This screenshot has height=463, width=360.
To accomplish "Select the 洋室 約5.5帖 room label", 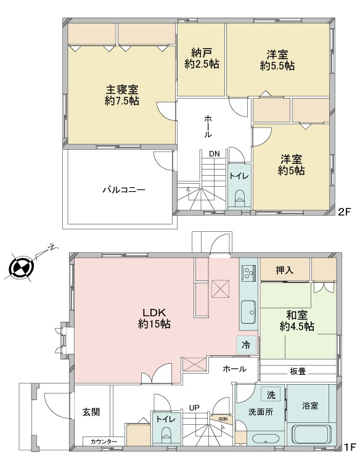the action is (x=277, y=60).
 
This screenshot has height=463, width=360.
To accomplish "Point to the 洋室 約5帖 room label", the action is (x=291, y=165).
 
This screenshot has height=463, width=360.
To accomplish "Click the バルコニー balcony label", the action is (x=124, y=189).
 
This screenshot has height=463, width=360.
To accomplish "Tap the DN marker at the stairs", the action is (x=215, y=154).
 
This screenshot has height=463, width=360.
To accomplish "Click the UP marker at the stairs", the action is (x=194, y=408).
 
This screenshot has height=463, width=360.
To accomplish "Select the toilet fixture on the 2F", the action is (x=239, y=198).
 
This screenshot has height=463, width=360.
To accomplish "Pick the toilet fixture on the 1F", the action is (x=166, y=435).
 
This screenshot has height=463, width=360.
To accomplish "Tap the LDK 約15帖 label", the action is (x=155, y=318).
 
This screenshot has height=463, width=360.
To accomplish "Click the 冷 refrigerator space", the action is (x=246, y=345).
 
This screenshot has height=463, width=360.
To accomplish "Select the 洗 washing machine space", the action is (x=271, y=395).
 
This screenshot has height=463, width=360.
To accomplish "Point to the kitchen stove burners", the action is (x=248, y=272).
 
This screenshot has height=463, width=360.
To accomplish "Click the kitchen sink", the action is (x=248, y=312).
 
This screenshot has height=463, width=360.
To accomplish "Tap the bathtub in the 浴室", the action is (x=311, y=435).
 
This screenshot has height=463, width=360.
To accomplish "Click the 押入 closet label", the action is (x=285, y=269).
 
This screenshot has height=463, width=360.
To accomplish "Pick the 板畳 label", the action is (x=298, y=372).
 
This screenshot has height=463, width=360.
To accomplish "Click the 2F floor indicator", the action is (x=344, y=211).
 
